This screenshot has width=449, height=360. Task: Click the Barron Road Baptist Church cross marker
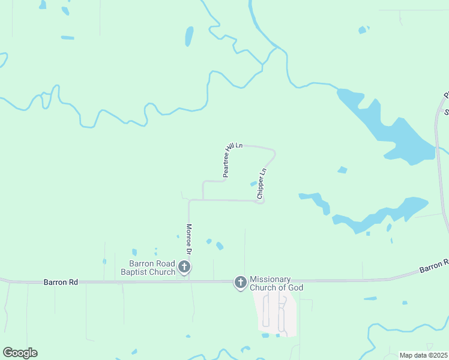pos(184,267)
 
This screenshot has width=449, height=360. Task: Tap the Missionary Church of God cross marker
pos(240,282)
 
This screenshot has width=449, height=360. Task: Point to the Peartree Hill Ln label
pos(232,160)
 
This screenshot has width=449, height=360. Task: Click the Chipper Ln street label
pos(261,184)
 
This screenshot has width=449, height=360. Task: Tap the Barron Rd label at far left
pos(57,282)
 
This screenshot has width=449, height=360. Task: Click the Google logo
pos(20,353)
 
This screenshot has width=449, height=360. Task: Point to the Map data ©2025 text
pos(423,355)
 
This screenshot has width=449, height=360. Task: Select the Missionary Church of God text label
pos(276,283)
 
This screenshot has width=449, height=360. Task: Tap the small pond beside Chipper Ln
pos(253,184)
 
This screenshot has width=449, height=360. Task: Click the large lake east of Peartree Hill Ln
pos(390,132)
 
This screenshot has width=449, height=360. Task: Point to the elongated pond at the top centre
pos(190,36)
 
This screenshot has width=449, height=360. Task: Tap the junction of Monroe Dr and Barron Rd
pos(189,280)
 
